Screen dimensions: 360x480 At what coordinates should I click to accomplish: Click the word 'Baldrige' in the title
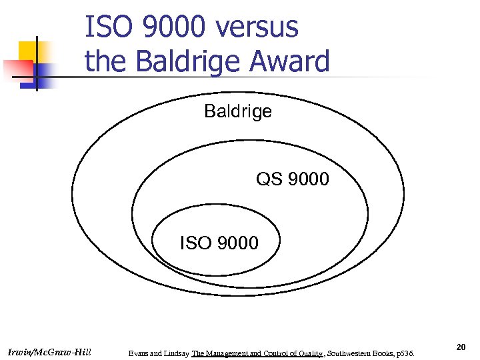pyautogui.click(x=179, y=62)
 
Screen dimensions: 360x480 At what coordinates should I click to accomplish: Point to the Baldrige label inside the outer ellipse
pyautogui.click(x=238, y=111)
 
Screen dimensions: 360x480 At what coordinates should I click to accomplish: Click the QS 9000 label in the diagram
pyautogui.click(x=293, y=179)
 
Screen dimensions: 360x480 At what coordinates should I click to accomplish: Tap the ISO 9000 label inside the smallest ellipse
pyautogui.click(x=219, y=243)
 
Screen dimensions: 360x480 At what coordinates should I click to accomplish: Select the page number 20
pyautogui.click(x=461, y=347)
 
